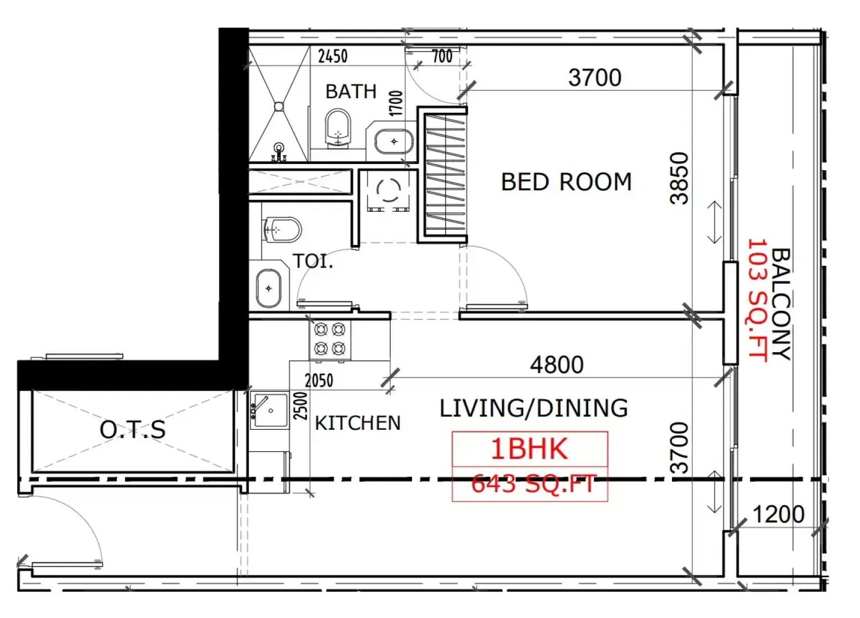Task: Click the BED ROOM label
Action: click(566, 182)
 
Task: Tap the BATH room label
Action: click(351, 92)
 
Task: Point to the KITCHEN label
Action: click(358, 423)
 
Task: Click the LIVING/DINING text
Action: click(533, 408)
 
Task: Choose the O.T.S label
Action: click(132, 429)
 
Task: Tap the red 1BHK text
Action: click(529, 449)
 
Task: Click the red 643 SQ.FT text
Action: click(534, 484)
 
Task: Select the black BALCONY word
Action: click(780, 304)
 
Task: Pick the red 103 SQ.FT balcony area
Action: click(757, 300)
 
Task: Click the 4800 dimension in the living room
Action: click(557, 365)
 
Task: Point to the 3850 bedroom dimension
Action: click(679, 178)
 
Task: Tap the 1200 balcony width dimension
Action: click(779, 514)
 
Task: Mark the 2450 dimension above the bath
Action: click(333, 56)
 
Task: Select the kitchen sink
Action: click(269, 410)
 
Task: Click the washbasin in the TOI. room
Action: click(269, 288)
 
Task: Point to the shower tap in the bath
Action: click(279, 152)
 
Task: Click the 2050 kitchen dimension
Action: click(319, 380)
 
